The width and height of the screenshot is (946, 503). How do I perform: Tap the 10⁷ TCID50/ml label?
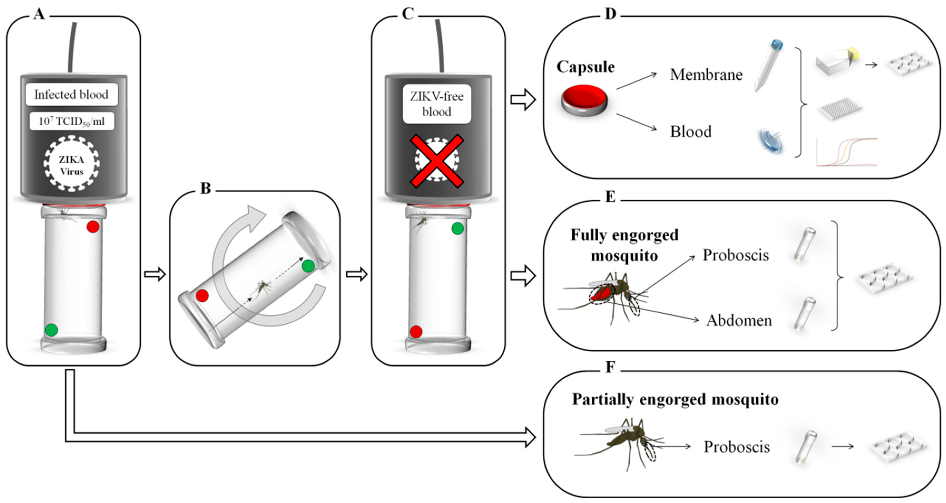tap(72, 121)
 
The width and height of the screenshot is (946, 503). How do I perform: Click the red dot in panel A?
tap(93, 227)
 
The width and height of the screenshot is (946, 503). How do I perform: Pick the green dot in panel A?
tap(51, 329)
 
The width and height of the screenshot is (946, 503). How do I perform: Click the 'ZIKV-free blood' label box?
tap(437, 104)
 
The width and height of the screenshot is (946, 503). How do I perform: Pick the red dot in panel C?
tap(416, 331)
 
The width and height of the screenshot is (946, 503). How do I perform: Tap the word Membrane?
tap(706, 75)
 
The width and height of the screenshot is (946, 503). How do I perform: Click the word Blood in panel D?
tap(690, 132)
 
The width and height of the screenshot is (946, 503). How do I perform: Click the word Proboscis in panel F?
tap(736, 447)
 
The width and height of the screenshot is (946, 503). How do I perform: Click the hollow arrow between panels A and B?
tap(155, 274)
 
